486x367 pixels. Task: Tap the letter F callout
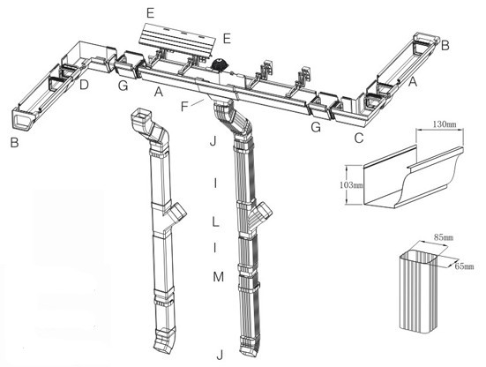click(183, 105)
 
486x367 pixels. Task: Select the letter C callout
click(357, 138)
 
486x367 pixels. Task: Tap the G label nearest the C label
click(314, 129)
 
